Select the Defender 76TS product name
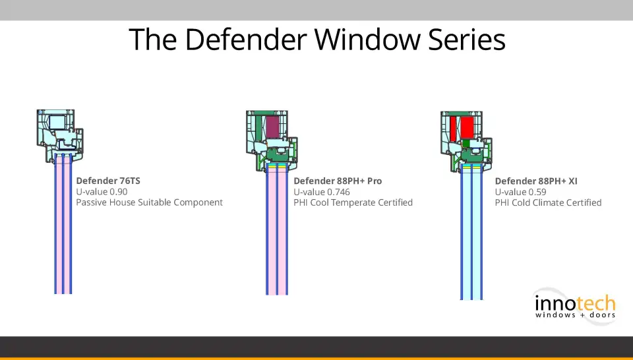(108, 181)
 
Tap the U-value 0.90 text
(102, 192)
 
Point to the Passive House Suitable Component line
(149, 202)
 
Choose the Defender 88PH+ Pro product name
(338, 181)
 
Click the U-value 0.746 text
(322, 192)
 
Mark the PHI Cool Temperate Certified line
(353, 202)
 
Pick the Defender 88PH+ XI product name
(536, 181)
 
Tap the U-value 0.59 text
(521, 192)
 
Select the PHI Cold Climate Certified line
(548, 202)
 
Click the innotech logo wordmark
(574, 304)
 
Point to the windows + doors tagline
(574, 315)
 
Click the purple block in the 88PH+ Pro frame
(273, 127)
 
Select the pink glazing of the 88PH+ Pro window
(277, 237)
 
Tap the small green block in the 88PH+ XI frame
(467, 142)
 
